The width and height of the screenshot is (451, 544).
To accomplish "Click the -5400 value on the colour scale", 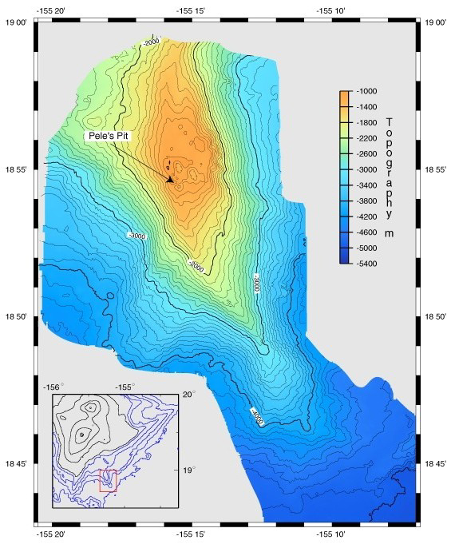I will click(366, 261).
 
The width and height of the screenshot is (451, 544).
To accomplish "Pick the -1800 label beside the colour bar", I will click(366, 122).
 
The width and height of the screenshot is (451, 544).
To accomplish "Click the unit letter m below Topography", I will click(389, 233).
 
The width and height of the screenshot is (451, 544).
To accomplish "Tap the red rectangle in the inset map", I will click(108, 481).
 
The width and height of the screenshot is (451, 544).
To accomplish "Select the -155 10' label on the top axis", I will click(330, 10).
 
